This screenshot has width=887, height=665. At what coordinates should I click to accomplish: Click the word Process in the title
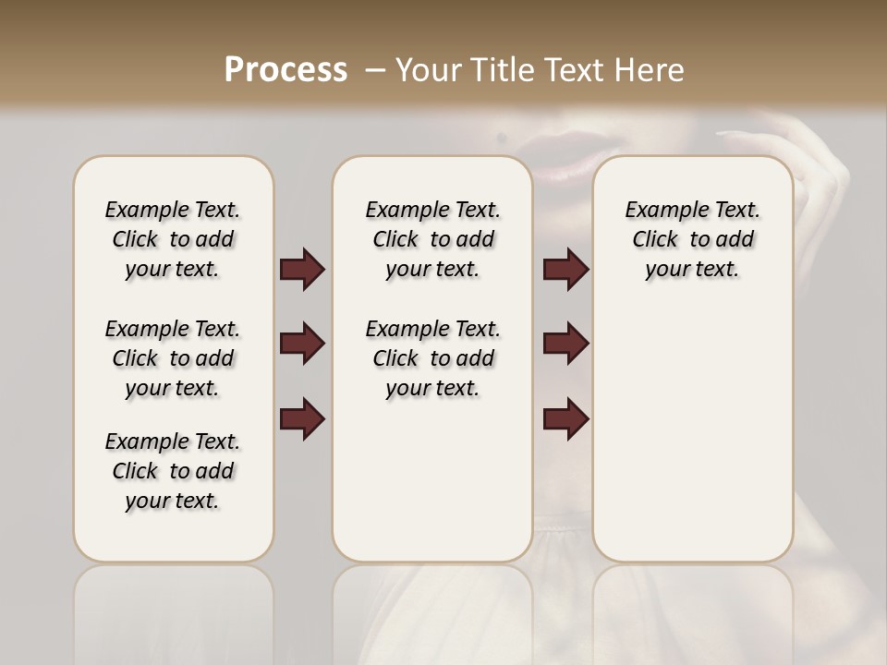click(x=286, y=70)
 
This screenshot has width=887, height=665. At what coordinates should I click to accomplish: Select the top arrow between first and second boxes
click(x=302, y=270)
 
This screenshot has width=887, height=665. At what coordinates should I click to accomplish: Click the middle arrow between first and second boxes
click(x=302, y=344)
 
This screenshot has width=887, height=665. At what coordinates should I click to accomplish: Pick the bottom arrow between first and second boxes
click(x=302, y=419)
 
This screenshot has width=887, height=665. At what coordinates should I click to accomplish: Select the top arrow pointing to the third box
click(x=565, y=270)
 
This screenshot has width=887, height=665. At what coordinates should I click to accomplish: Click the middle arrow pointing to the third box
click(x=565, y=344)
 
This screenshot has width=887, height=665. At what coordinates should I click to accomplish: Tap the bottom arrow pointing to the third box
click(x=565, y=419)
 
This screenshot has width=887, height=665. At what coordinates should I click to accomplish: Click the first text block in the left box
click(x=173, y=239)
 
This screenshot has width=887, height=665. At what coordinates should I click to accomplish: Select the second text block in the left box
click(x=173, y=358)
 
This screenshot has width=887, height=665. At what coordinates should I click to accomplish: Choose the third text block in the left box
click(x=173, y=471)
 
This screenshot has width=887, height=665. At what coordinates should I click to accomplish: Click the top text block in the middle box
click(x=432, y=239)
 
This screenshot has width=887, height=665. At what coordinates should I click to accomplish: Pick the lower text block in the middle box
click(x=432, y=358)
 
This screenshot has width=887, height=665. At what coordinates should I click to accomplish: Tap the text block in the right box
click(x=692, y=239)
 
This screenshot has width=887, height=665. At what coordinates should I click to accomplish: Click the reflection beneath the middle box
click(x=432, y=610)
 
